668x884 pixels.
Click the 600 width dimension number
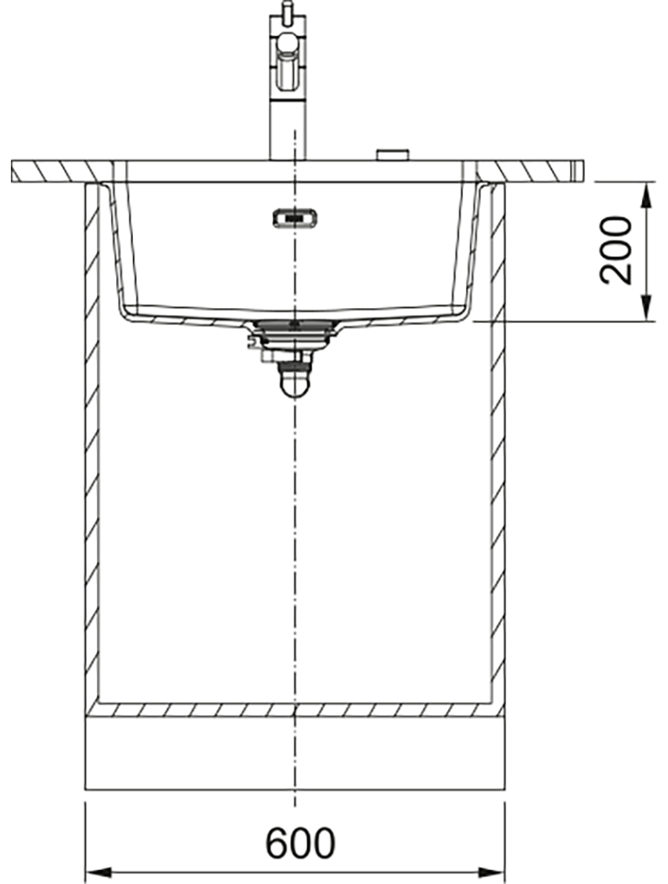(301, 844)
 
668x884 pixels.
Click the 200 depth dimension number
(615, 250)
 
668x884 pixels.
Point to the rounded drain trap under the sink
(295, 378)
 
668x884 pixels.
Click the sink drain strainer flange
(295, 327)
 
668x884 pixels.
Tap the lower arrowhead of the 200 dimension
(646, 310)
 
